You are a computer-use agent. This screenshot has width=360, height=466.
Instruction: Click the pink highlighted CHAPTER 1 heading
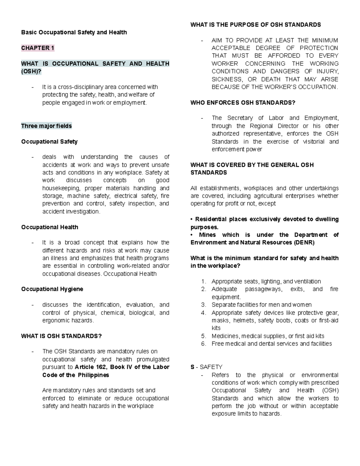[x=37, y=48]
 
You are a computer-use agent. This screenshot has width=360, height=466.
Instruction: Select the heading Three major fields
[x=46, y=126]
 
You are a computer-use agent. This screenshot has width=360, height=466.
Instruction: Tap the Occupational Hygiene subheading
[x=52, y=289]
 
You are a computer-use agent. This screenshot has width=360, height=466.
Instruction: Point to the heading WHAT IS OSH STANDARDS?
[x=61, y=336]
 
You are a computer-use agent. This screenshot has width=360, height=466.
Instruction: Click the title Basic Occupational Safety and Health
[x=74, y=32]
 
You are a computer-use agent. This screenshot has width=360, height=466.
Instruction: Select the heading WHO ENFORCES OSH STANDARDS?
[x=243, y=103]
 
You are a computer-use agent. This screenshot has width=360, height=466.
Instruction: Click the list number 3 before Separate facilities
[x=204, y=305]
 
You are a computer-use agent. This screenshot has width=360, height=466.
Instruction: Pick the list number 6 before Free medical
[x=204, y=344]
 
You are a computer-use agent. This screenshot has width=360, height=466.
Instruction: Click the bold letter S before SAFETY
[x=192, y=367]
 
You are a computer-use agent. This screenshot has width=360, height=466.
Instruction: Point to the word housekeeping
[x=61, y=188]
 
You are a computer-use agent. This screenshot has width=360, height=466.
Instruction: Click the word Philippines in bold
[x=93, y=375]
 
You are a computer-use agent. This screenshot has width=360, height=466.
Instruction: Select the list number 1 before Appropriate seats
[x=204, y=281]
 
